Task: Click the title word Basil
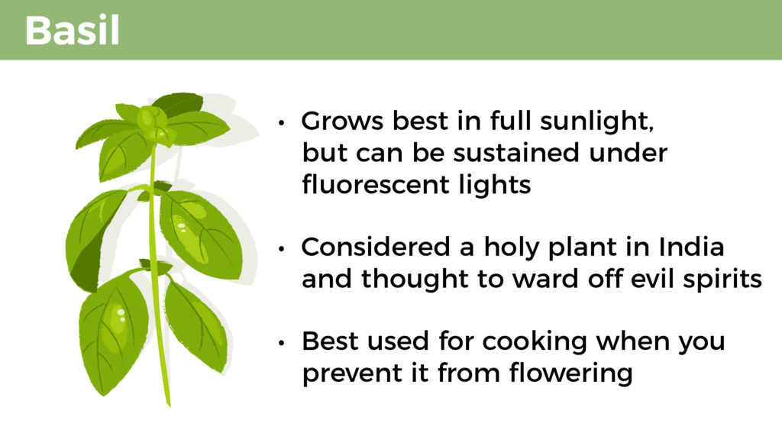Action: [x=73, y=31]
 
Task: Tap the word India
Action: [x=691, y=247]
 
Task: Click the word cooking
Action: [x=535, y=342]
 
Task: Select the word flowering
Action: [x=570, y=374]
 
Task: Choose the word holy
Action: [x=512, y=247]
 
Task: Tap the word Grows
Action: [x=342, y=121]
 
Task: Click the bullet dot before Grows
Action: [x=282, y=122]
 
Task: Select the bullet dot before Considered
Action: [x=282, y=248]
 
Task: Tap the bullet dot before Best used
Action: [x=282, y=343]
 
